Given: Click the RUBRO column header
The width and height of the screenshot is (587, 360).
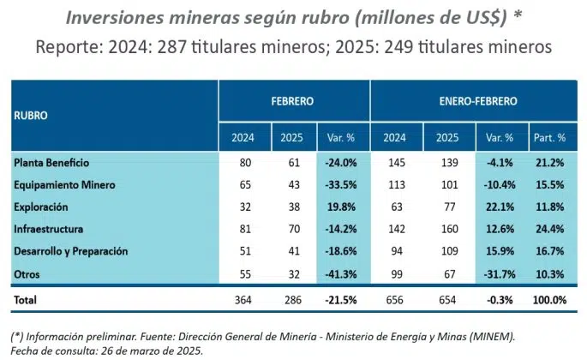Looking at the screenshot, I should click(31, 114).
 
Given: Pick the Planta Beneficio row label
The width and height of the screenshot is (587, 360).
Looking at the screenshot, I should click(51, 162).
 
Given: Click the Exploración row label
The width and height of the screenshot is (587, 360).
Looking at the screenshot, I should click(41, 207).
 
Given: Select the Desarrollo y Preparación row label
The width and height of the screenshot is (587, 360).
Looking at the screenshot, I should click(71, 251).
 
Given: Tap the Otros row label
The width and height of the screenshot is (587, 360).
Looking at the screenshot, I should click(28, 273).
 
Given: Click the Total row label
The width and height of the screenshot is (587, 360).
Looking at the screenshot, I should click(27, 300).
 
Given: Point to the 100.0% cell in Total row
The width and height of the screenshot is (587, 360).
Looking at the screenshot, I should click(548, 300).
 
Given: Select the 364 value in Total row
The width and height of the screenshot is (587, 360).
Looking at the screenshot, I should click(243, 300).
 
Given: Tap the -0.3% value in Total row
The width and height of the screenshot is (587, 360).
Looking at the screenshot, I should click(500, 300).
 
